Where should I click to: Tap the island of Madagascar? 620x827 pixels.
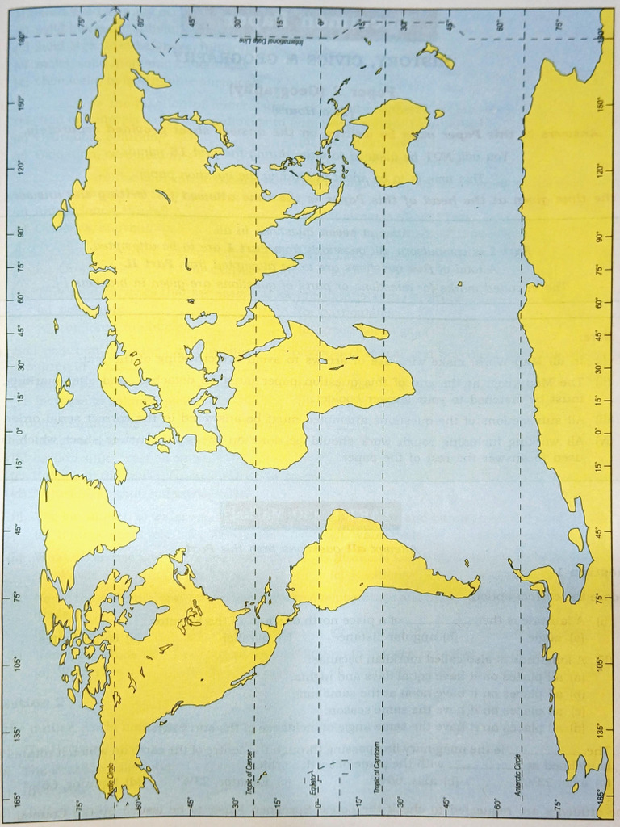[371, 331]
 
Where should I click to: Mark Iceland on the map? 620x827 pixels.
[119, 472]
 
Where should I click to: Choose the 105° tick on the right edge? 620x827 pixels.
[598, 663]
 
